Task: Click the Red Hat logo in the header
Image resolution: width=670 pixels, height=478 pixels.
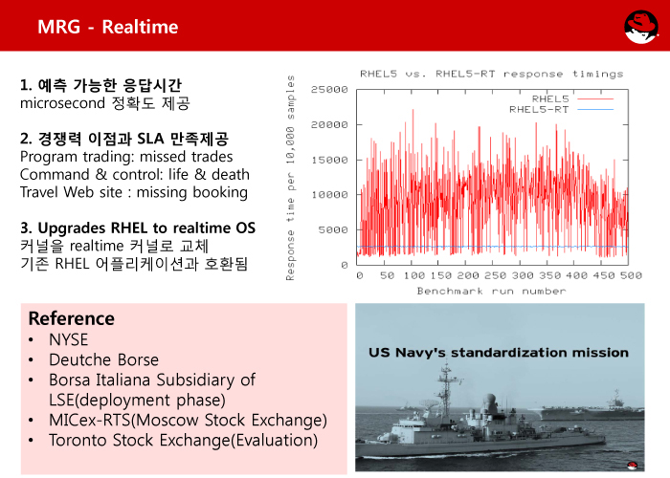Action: (641, 27)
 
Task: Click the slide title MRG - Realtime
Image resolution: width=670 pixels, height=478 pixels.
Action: (107, 27)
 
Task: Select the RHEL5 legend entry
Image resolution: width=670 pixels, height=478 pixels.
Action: (572, 99)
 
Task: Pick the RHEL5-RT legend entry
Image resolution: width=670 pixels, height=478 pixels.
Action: (561, 110)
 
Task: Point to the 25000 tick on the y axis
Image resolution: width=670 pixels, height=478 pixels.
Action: (329, 90)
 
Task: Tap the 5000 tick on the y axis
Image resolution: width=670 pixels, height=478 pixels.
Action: (333, 230)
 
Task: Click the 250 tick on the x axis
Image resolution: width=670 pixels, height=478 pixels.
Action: (496, 275)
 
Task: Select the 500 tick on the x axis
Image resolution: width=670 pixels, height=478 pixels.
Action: (631, 275)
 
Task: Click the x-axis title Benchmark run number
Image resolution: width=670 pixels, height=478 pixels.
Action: (491, 291)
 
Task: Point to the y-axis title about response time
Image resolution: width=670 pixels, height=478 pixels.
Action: (290, 178)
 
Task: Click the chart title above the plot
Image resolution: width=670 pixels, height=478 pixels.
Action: (491, 74)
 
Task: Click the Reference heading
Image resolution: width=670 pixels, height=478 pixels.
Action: (72, 318)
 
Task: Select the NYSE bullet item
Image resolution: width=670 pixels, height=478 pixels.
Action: (68, 339)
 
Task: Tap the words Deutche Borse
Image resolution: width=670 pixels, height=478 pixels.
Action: (103, 359)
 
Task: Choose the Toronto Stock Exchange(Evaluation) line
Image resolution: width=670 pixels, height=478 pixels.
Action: (184, 440)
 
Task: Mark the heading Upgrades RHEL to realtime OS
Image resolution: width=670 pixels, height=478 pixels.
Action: (146, 228)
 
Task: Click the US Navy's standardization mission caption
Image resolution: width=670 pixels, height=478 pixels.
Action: (499, 353)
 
